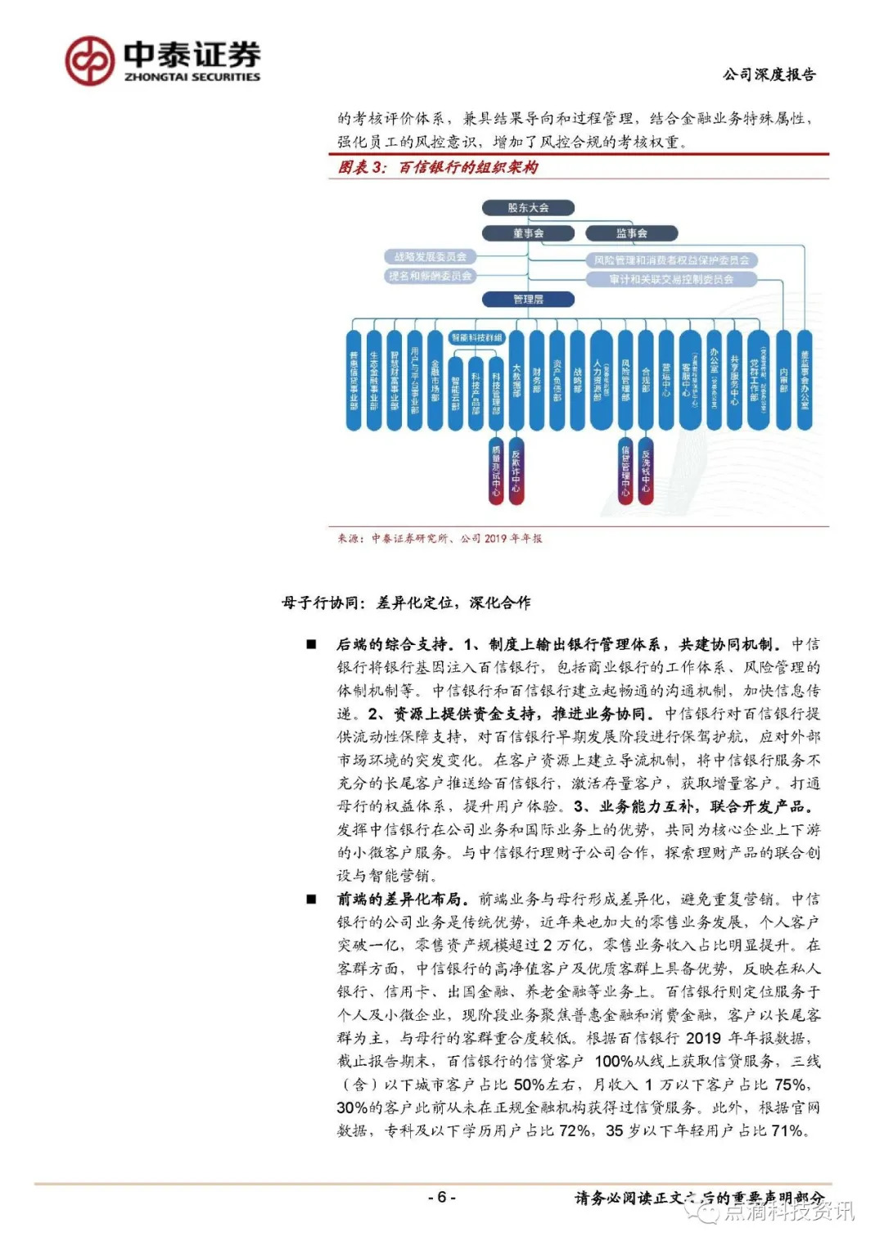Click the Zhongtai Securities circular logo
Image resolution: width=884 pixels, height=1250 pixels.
(89, 61)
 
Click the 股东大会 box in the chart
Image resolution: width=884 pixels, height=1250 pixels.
(528, 208)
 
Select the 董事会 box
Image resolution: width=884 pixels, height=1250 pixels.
(528, 233)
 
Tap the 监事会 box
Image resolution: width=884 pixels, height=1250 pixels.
(631, 233)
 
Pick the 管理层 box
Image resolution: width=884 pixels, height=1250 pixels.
(528, 300)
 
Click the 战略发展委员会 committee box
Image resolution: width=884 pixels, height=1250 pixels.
(430, 257)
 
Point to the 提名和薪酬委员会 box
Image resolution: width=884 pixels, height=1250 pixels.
(430, 277)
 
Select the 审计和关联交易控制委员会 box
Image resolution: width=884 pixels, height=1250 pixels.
(671, 280)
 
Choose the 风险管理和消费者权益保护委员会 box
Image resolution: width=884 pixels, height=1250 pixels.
(671, 260)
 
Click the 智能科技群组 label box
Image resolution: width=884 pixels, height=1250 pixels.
(476, 337)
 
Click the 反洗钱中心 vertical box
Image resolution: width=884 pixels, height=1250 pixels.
(646, 471)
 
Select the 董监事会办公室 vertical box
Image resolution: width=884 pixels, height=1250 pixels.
(805, 380)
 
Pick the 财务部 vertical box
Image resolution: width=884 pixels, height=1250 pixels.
(537, 380)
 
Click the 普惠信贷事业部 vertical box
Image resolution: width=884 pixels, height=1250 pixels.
(354, 380)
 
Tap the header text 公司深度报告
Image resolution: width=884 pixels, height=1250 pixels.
(769, 75)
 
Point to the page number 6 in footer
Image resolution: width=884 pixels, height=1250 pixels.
(441, 1198)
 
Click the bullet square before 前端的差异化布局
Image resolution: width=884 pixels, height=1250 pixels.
(312, 900)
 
